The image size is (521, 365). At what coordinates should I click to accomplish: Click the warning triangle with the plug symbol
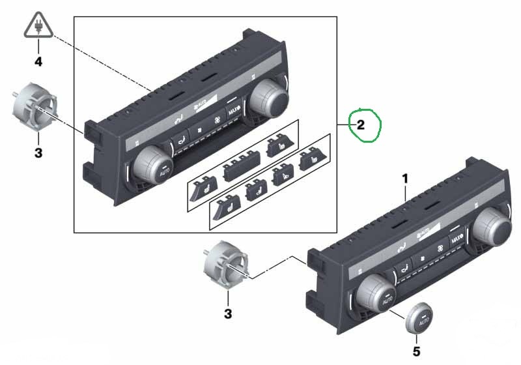pos(38,25)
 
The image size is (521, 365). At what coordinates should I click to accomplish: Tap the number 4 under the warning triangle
pos(38,61)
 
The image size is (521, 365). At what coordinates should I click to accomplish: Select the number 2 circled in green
pos(361,125)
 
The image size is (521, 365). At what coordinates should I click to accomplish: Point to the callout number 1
pos(405,179)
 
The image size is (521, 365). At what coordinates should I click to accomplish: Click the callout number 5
pos(416,351)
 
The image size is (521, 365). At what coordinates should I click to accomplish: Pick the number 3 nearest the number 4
pos(38,153)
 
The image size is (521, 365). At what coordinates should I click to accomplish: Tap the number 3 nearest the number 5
pos(228,314)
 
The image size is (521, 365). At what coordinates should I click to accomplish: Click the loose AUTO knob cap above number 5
pos(419,319)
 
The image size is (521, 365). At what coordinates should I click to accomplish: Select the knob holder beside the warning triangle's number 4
pos(35,107)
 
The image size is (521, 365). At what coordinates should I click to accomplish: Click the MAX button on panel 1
pos(457,239)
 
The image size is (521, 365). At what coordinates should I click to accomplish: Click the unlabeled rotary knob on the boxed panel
pos(269,98)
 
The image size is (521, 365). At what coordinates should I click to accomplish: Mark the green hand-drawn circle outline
pos(365,126)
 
